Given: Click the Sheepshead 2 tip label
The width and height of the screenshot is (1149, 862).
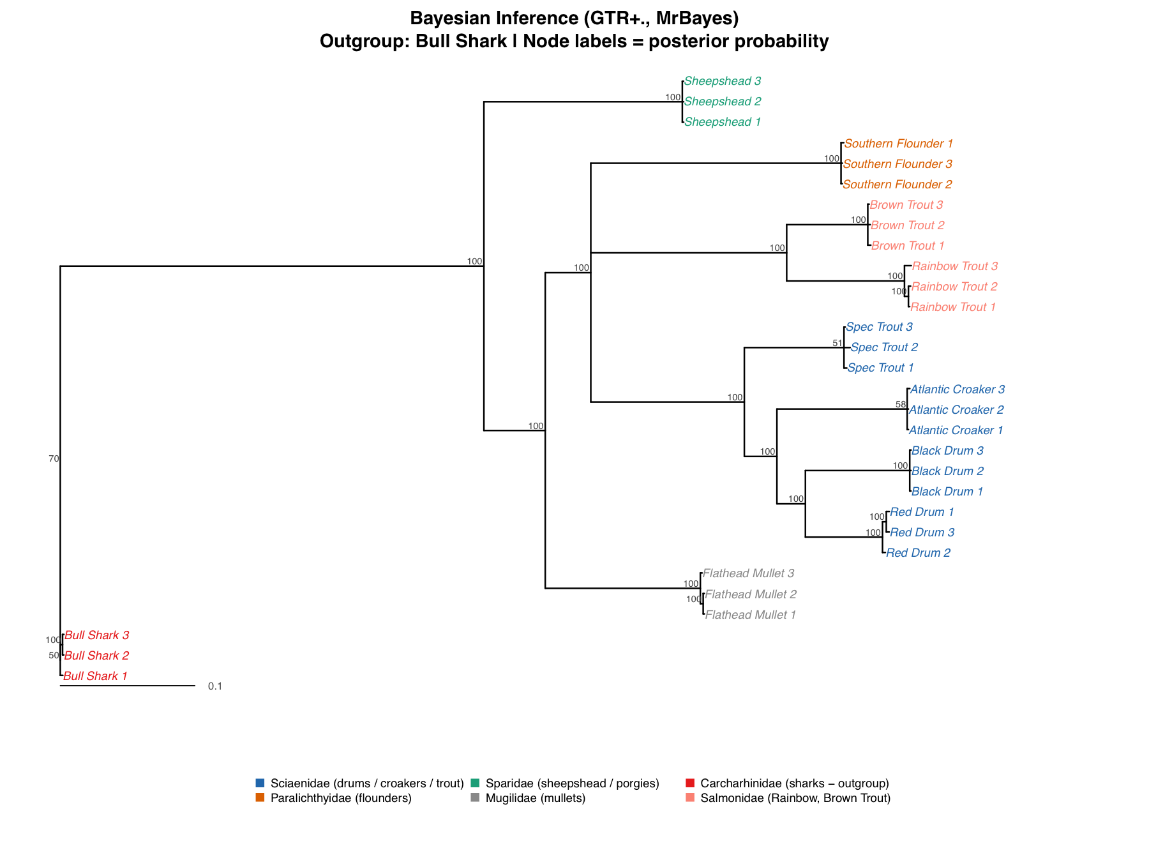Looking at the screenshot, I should (x=723, y=102).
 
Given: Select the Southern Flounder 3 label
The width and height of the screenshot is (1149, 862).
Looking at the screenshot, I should (x=897, y=164).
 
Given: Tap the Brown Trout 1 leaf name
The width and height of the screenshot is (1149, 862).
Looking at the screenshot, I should (x=908, y=246).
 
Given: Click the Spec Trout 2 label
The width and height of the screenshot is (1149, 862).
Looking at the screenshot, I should (x=884, y=347).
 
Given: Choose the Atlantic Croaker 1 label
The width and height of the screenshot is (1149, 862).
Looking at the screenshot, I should (x=956, y=430).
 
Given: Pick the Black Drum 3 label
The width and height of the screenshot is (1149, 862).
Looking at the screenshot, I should (x=947, y=451).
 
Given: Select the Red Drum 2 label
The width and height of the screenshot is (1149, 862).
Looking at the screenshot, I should (x=918, y=553).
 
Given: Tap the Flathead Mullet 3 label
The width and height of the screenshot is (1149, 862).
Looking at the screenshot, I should (x=749, y=573).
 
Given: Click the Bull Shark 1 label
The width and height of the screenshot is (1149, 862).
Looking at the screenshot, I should (x=96, y=676).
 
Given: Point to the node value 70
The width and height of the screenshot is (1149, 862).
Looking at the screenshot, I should (x=54, y=458).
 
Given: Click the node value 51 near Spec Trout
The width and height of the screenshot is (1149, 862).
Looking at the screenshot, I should (x=837, y=344).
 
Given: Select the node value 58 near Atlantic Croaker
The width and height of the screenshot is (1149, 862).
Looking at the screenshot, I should (x=901, y=405).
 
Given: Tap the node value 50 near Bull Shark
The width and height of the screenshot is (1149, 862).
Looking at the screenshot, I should (x=54, y=655).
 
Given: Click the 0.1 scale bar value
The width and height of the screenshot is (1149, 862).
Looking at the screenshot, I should (x=215, y=686).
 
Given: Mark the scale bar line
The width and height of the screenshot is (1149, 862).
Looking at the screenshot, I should (x=128, y=686).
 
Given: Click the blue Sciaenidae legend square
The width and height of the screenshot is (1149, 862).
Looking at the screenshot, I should (x=260, y=783).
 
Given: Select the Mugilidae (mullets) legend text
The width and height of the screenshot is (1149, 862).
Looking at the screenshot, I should (x=535, y=798).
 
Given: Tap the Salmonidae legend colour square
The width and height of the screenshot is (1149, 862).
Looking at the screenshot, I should (x=689, y=798).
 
